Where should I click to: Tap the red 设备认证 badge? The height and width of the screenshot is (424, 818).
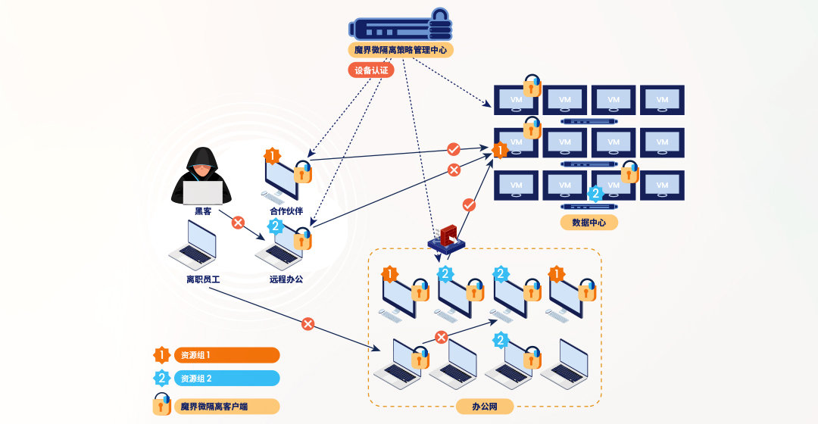point(371,70)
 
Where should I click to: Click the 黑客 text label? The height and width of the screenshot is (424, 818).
point(203,211)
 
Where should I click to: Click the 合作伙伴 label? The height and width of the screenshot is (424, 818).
point(286,211)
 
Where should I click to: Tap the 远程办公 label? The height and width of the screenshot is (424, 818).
point(286,279)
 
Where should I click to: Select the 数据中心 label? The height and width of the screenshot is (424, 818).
point(589,222)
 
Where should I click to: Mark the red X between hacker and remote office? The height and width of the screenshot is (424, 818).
point(238,223)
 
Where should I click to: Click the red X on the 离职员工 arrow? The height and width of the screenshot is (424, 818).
point(308,324)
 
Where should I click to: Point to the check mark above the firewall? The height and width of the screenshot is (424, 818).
point(469,204)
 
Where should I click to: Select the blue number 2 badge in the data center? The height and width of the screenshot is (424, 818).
point(595,193)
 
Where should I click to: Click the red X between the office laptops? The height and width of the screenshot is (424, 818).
point(442,338)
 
